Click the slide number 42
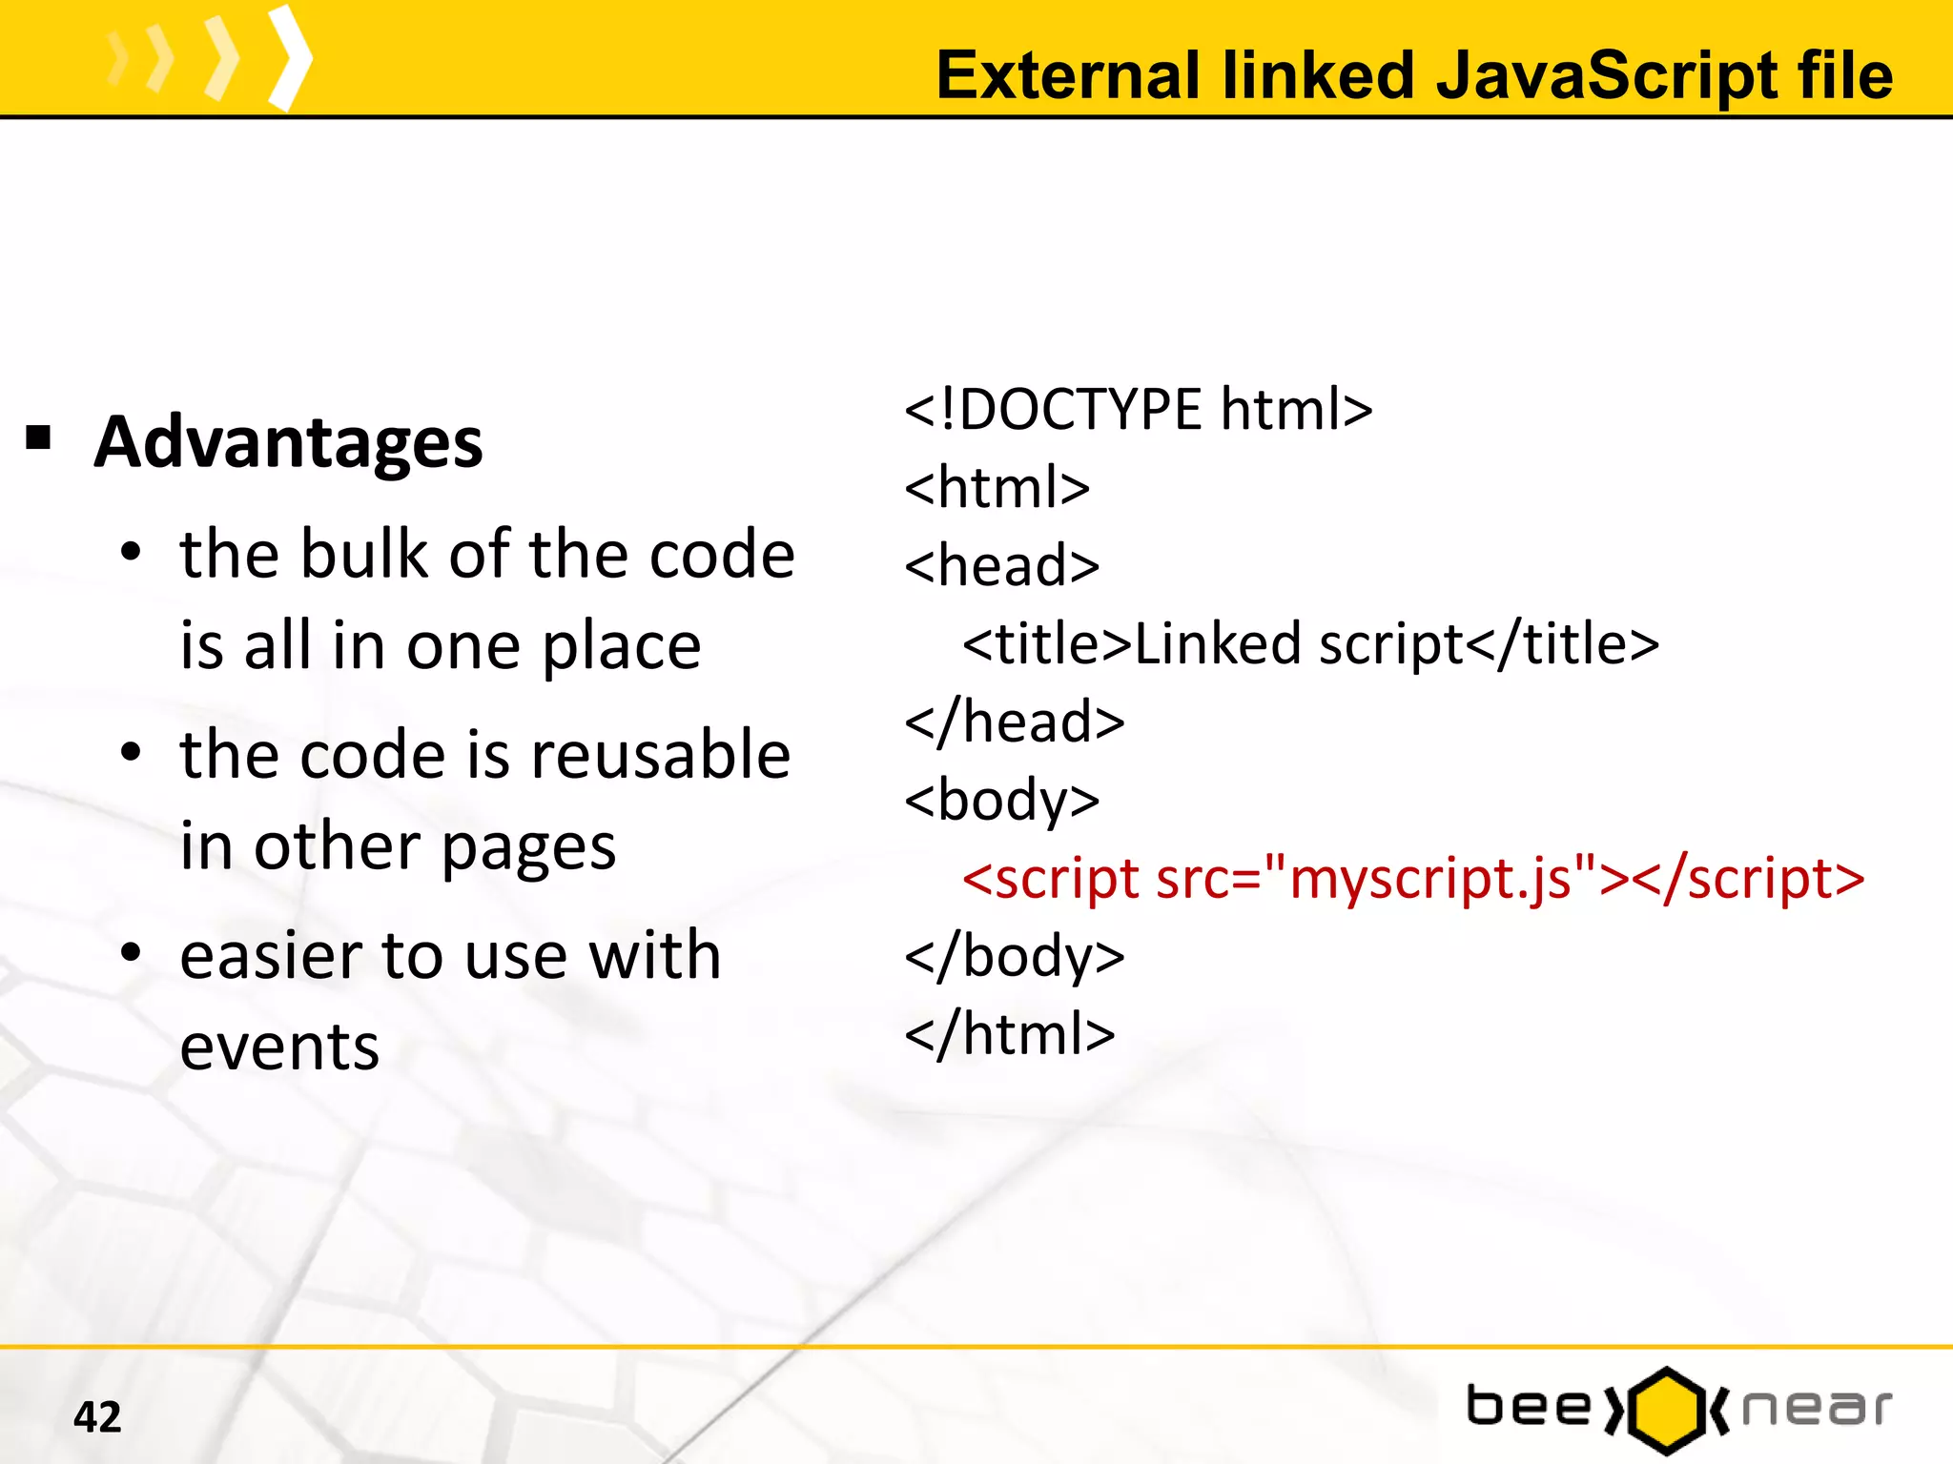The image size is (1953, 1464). coord(97,1416)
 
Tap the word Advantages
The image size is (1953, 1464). coord(289,443)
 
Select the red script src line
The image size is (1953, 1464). coord(1413,879)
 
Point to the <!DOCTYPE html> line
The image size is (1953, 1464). coord(1139,410)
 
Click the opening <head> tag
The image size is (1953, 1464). coord(1002,566)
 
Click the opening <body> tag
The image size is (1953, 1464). coord(1002,801)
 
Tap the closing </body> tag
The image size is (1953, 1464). coord(1015,957)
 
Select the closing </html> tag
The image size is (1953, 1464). coord(1010,1035)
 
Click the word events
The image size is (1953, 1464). coord(279,1047)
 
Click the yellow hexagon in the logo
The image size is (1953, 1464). coord(1666,1410)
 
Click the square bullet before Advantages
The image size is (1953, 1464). coord(39,438)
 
